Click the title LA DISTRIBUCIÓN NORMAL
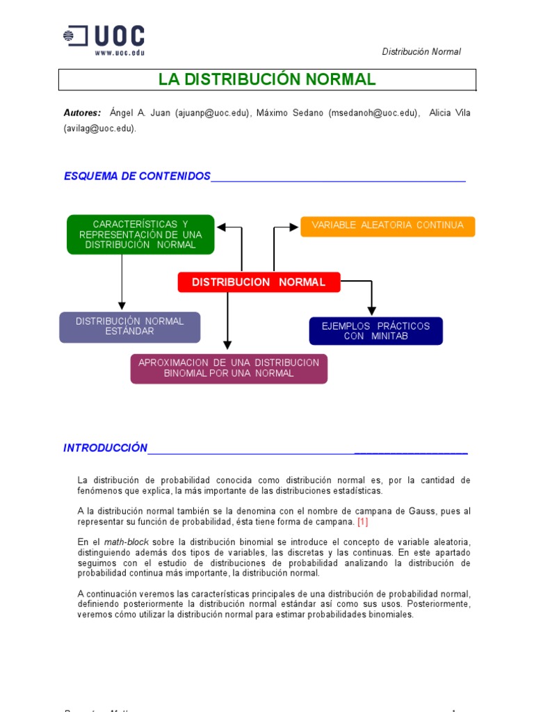click(267, 79)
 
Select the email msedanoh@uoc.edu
click(373, 113)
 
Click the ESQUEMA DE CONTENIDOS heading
click(137, 177)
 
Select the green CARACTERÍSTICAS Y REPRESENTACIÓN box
click(140, 234)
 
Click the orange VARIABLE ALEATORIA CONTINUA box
click(387, 225)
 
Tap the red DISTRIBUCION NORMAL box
click(259, 282)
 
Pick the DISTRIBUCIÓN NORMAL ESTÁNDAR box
click(130, 327)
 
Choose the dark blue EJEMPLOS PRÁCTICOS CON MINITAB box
click(375, 331)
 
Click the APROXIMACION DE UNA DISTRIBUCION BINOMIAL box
click(229, 369)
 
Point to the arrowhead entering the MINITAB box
click(372, 311)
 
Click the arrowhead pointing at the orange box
click(294, 227)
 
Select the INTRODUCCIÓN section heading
click(106, 448)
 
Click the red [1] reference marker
click(363, 521)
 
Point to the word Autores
click(82, 113)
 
